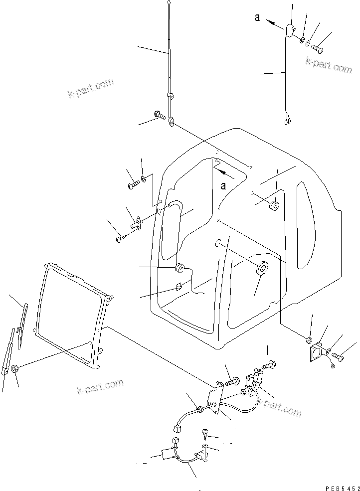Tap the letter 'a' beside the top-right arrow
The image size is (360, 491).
[257, 17]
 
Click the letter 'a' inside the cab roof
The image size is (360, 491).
[224, 186]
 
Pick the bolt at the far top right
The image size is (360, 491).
[318, 49]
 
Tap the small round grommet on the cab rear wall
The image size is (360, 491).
[273, 206]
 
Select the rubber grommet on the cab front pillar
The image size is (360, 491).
[178, 270]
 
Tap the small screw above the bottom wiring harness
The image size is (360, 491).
[204, 432]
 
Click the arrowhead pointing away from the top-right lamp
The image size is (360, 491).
[270, 21]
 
